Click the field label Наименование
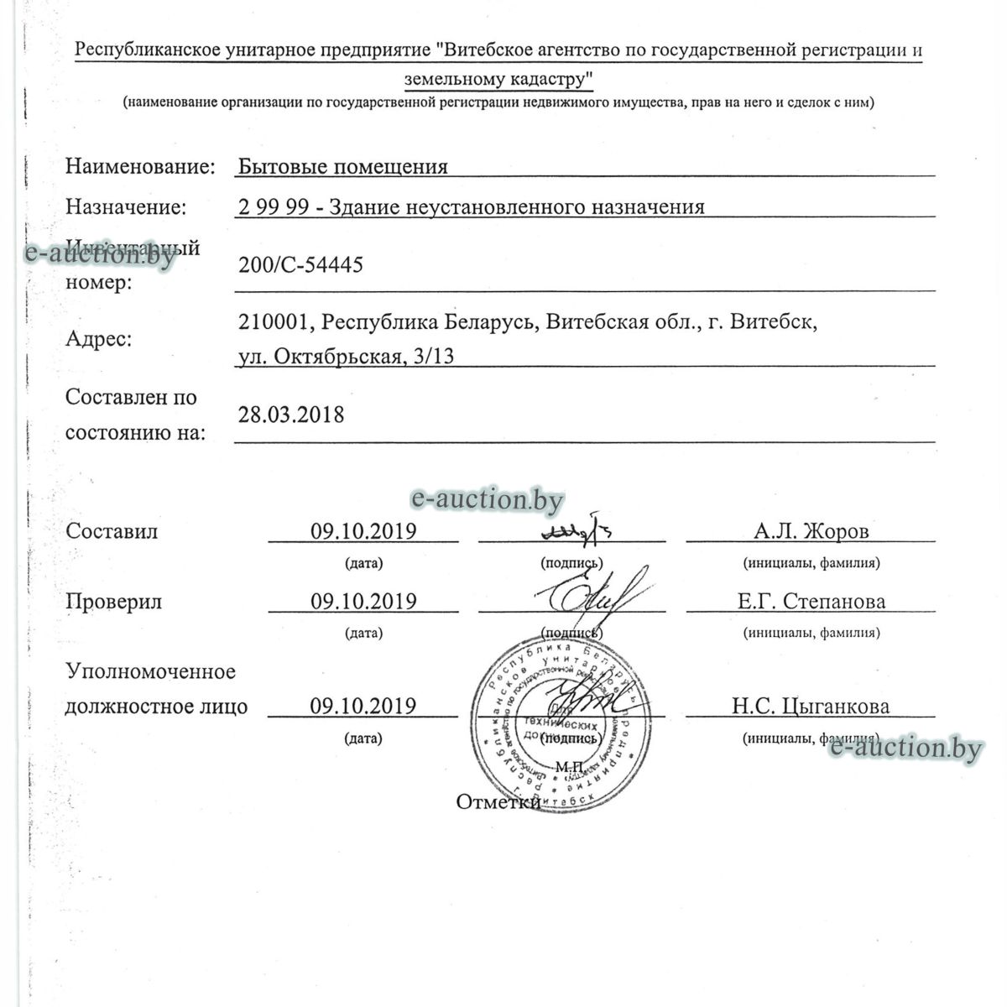(x=140, y=166)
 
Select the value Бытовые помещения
(x=342, y=166)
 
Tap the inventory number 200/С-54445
(x=300, y=265)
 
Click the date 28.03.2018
(x=290, y=415)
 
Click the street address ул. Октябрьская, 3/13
(x=346, y=357)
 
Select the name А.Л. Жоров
(x=811, y=531)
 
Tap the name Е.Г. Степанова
(x=811, y=602)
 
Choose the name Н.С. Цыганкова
(x=811, y=707)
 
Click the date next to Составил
(x=363, y=531)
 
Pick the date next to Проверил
(x=363, y=602)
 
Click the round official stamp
(x=554, y=722)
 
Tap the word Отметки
(x=498, y=802)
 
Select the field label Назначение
(x=126, y=206)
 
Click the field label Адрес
(x=98, y=340)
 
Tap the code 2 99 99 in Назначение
(x=273, y=206)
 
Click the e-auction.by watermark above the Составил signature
(x=487, y=500)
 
